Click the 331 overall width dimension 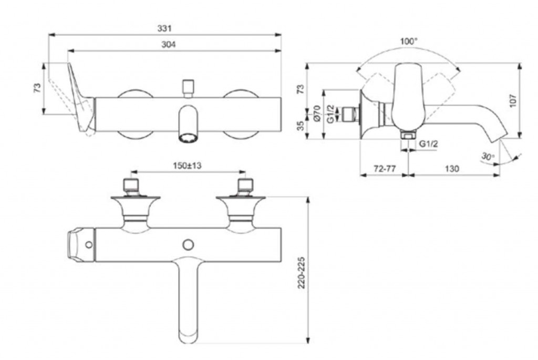coord(164,28)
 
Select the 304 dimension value coord(168,45)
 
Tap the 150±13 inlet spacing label coord(188,166)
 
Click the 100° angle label coord(408,41)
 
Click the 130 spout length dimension coord(451,169)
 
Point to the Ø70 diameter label coord(317,114)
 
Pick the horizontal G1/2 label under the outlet coord(429,143)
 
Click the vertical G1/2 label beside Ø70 coord(329,114)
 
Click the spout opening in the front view coord(188,138)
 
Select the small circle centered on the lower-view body coord(188,244)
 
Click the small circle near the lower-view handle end coord(88,244)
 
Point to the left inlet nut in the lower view coord(131,185)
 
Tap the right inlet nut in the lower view coord(245,185)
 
